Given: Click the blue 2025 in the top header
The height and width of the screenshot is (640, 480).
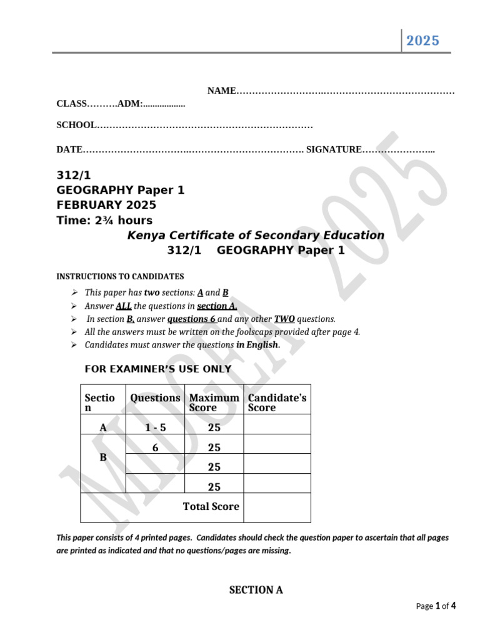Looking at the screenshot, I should point(423,41).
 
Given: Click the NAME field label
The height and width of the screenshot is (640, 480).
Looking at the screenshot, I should point(221,91).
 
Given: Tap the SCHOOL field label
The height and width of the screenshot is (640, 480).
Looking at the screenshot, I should point(76,125).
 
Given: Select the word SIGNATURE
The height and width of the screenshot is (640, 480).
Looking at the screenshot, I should point(334,149).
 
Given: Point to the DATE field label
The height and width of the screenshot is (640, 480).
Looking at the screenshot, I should point(69,149).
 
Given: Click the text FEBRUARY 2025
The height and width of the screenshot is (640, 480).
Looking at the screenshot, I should point(106,205).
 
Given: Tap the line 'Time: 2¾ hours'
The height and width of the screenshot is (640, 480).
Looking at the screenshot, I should point(104,220).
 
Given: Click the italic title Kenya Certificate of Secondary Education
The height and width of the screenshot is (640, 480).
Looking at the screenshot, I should point(256,236).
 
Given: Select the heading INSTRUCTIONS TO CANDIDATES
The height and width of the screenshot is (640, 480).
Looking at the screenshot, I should point(120,276).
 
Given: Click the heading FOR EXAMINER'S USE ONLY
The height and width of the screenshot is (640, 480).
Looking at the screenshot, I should point(157,369).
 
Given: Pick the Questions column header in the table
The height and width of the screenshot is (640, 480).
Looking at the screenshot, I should point(155,398).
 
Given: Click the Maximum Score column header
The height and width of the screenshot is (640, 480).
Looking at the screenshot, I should point(214,402).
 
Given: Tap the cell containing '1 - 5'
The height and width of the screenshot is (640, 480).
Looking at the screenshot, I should point(155,428).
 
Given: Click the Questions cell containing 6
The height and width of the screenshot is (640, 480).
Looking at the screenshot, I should point(155,447).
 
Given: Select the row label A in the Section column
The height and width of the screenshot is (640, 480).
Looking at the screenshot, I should point(103,428).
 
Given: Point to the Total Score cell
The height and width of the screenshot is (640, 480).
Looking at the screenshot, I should point(211,506).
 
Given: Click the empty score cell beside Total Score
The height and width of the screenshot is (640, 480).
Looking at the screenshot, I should point(277,507).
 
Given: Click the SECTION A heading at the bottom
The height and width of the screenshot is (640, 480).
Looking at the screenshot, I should point(256,589).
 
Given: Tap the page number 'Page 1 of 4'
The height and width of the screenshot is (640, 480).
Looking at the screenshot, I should point(436,606).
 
